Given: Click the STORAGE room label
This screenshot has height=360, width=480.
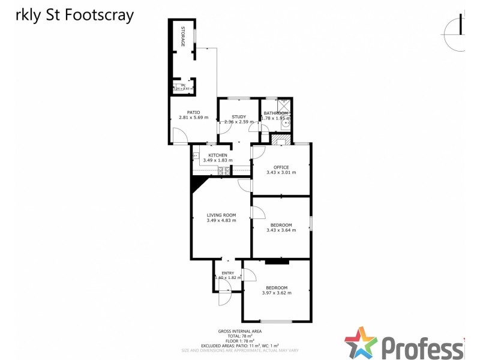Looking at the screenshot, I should (x=184, y=36).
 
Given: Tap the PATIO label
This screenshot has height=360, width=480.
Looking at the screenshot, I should (x=193, y=112).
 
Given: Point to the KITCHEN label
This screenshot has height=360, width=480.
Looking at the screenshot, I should (x=217, y=155).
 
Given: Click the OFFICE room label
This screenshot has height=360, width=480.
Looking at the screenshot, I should (x=281, y=167).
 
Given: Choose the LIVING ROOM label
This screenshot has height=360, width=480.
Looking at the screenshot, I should (x=221, y=215).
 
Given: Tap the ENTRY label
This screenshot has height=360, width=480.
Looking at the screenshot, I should (x=228, y=273).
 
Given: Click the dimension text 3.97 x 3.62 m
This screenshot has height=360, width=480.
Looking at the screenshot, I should (x=277, y=293).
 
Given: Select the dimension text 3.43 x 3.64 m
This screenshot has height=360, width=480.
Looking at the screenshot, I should (x=281, y=230).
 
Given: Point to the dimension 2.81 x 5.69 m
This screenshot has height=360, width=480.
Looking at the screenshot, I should (x=193, y=118).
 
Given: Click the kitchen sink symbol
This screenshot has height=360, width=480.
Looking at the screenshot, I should (x=196, y=156).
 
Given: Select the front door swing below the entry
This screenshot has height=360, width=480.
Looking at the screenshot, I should (x=224, y=298).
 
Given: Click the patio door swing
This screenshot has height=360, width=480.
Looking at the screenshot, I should (x=180, y=137).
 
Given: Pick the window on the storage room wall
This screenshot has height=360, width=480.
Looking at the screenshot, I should (x=193, y=37).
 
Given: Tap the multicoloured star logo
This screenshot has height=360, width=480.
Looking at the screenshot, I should (x=361, y=343).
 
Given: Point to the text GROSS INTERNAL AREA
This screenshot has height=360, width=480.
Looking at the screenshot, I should (x=240, y=331).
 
